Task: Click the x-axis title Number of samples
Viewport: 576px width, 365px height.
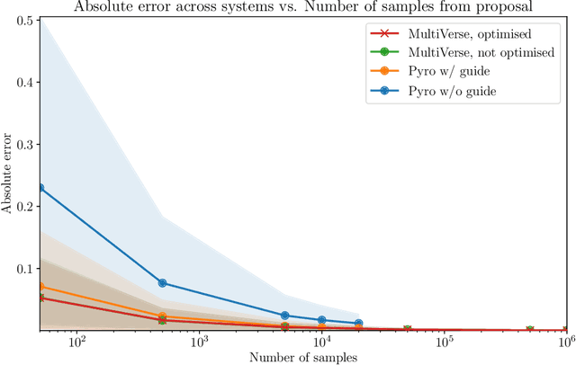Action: [303, 358]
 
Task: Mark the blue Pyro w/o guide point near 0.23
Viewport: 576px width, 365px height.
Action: [40, 188]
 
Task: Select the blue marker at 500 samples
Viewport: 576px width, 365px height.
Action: [162, 282]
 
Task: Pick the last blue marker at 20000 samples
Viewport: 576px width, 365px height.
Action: [358, 323]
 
